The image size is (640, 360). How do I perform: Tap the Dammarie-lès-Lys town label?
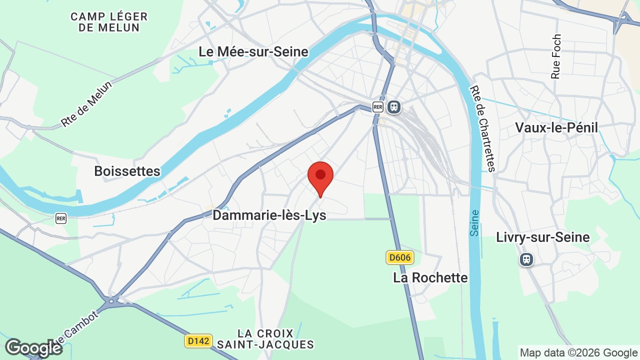click(x=269, y=215)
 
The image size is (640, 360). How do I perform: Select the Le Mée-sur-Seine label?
click(x=253, y=51)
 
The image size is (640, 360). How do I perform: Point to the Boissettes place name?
click(x=127, y=171)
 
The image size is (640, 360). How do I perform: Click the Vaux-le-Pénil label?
click(x=556, y=127)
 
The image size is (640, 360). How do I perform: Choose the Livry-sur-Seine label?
click(x=543, y=237)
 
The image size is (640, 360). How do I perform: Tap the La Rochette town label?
click(x=430, y=277)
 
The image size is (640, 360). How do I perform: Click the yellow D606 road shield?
click(x=399, y=258)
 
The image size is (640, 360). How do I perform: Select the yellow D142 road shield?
click(x=198, y=341)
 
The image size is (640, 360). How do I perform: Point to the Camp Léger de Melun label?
click(x=109, y=22)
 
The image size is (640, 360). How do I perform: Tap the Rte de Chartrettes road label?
click(x=482, y=128)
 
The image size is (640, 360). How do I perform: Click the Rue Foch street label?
click(x=556, y=56)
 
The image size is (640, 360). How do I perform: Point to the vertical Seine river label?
click(x=475, y=223)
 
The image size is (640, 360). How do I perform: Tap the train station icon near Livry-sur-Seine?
click(x=526, y=259)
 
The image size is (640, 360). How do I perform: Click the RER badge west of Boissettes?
click(x=61, y=218)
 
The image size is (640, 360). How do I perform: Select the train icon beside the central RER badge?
click(x=394, y=107)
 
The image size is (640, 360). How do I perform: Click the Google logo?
click(x=33, y=348)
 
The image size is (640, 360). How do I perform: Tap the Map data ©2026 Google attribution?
click(x=578, y=352)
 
